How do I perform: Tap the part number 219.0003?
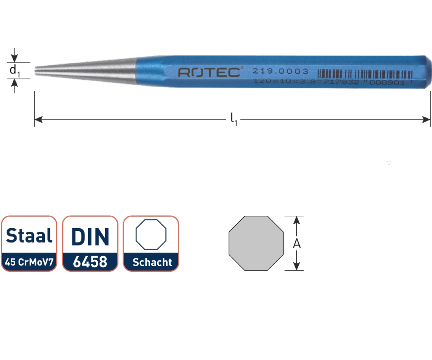pyautogui.click(x=280, y=71)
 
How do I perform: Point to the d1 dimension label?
pyautogui.click(x=14, y=70)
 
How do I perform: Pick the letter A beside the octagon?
pyautogui.click(x=297, y=243)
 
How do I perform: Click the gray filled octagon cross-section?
pyautogui.click(x=256, y=243)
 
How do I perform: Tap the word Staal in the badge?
pyautogui.click(x=29, y=236)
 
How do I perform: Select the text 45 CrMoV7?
pyautogui.click(x=29, y=262)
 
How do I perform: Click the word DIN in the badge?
pyautogui.click(x=90, y=236)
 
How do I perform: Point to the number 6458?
pyautogui.click(x=90, y=262)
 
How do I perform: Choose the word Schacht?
pyautogui.click(x=152, y=262)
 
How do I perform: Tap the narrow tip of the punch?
pyautogui.click(x=36, y=71)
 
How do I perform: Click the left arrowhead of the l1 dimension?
pyautogui.click(x=38, y=120)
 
